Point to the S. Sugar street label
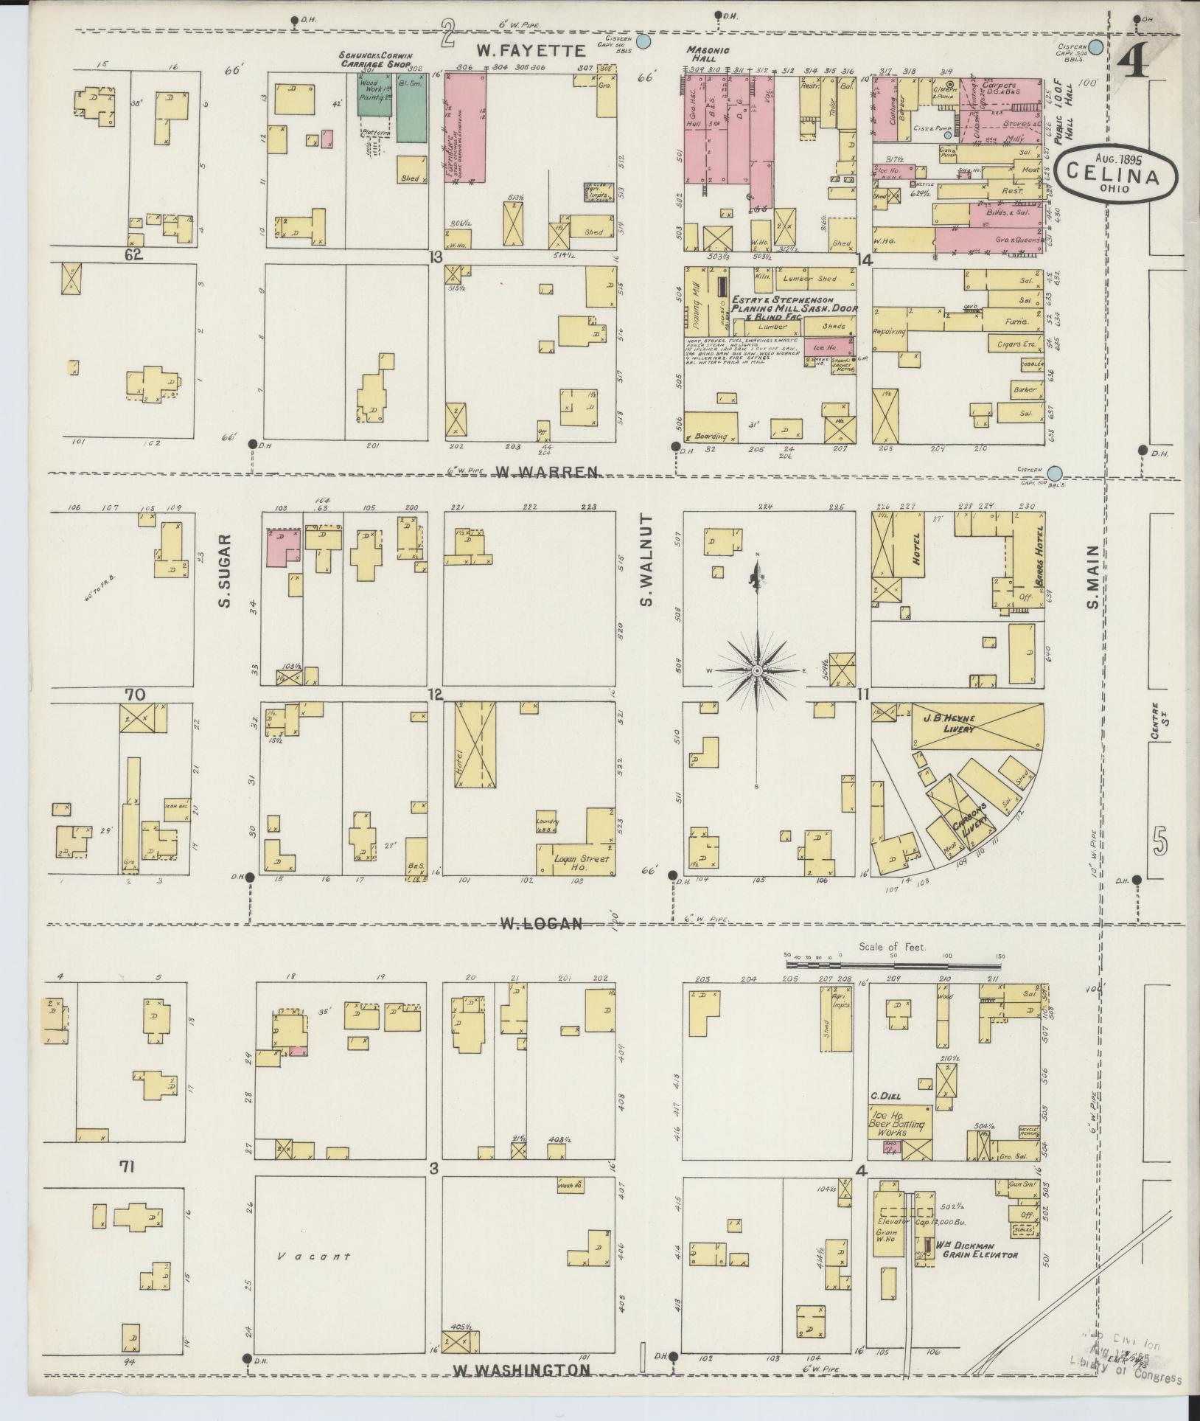pos(224,571)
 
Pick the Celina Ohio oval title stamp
pos(1116,171)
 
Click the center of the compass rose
pos(757,670)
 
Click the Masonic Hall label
pos(709,54)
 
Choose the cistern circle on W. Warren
pos(1056,472)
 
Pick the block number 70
pos(135,694)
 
